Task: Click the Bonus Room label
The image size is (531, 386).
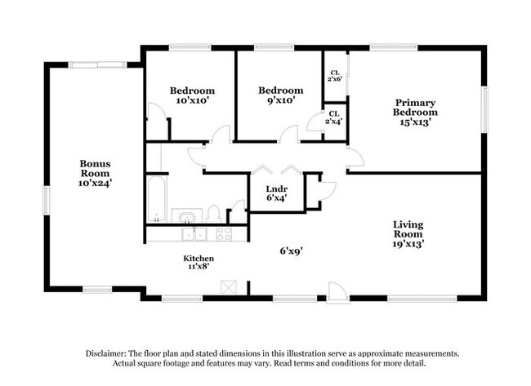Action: click(94, 168)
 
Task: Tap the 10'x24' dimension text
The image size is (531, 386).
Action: click(95, 184)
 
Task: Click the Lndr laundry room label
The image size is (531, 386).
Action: click(277, 190)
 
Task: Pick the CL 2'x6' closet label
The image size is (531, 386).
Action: click(335, 76)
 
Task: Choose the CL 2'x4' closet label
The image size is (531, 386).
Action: click(334, 117)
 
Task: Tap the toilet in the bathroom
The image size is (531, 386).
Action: click(213, 214)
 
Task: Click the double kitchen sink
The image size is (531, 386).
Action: click(194, 234)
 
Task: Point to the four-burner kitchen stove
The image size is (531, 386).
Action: click(224, 234)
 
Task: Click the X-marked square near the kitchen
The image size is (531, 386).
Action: click(230, 287)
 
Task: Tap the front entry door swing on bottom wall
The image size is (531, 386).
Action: click(337, 291)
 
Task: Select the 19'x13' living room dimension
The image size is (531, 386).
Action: click(408, 242)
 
